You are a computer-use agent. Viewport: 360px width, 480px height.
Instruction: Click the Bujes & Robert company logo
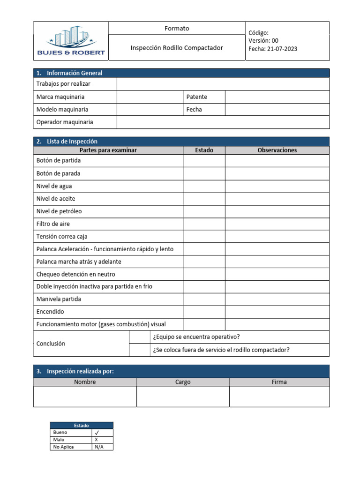pos(71,41)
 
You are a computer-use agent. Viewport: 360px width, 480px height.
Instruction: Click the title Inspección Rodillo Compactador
pos(177,48)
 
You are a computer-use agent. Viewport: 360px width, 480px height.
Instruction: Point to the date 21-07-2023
pos(280,49)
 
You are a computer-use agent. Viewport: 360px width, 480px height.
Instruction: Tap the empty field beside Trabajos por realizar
pos(223,84)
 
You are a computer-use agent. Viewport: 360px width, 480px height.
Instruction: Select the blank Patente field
pos(277,97)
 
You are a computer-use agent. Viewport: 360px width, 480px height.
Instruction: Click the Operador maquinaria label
pos(65,122)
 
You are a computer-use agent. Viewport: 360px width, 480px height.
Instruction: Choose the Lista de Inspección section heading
pos(72,141)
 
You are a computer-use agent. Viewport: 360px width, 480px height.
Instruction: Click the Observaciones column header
pos(277,150)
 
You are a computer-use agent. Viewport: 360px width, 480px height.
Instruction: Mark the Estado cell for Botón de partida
pos(204,160)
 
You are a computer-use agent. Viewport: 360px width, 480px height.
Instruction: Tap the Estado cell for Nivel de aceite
pos(204,198)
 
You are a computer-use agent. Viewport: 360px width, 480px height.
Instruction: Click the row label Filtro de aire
pos(53,224)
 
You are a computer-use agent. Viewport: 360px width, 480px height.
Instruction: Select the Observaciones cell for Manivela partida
pos(277,299)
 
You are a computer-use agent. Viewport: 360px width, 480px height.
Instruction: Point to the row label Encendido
pos(50,312)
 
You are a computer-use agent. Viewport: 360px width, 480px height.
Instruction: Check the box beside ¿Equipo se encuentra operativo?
pos(139,337)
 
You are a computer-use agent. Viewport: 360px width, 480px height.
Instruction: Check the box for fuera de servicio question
pos(139,350)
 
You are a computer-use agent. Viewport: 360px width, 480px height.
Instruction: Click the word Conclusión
pos(51,344)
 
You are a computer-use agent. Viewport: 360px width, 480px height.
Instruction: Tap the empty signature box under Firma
pos(279,396)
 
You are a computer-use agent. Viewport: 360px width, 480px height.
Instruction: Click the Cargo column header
pos(183,382)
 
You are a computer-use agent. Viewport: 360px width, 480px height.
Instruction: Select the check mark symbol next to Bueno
pos(97,432)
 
